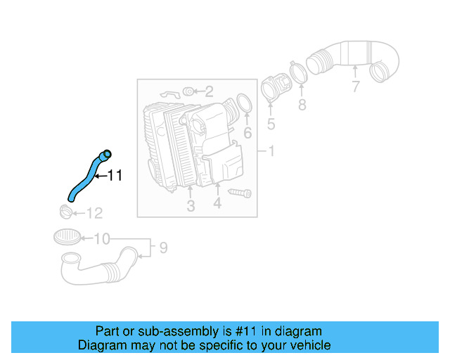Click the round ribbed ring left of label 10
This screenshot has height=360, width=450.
click(65, 236)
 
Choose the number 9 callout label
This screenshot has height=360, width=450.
click(162, 247)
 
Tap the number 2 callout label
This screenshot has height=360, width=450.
click(209, 91)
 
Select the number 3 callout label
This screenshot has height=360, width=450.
click(191, 206)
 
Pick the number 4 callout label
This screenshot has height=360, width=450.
click(217, 204)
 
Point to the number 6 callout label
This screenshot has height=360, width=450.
click(247, 133)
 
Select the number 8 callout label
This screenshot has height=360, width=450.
click(302, 105)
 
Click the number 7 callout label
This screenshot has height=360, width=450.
click(356, 87)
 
